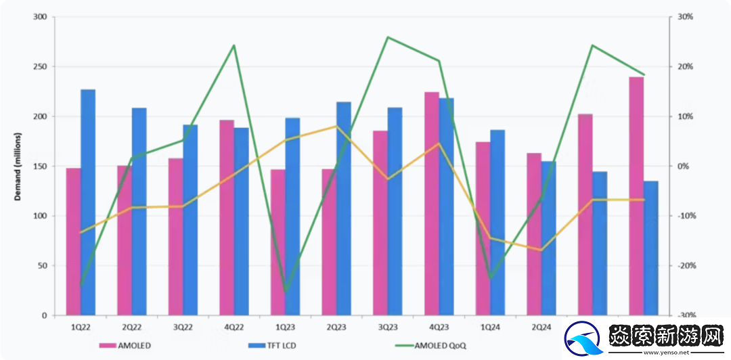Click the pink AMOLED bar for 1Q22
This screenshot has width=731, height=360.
click(73, 242)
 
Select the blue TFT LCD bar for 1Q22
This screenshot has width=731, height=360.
click(88, 202)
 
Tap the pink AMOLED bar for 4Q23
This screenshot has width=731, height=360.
click(432, 204)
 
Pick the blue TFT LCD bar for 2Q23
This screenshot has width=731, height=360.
click(344, 208)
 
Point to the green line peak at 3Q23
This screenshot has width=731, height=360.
click(388, 37)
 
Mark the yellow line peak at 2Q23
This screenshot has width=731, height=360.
click(336, 126)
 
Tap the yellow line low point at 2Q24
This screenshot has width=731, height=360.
click(541, 250)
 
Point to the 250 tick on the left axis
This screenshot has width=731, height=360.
click(40, 67)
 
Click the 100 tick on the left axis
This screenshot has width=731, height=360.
click(40, 216)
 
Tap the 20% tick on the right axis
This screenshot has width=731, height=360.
click(685, 67)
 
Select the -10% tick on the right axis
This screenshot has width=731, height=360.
click(685, 216)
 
